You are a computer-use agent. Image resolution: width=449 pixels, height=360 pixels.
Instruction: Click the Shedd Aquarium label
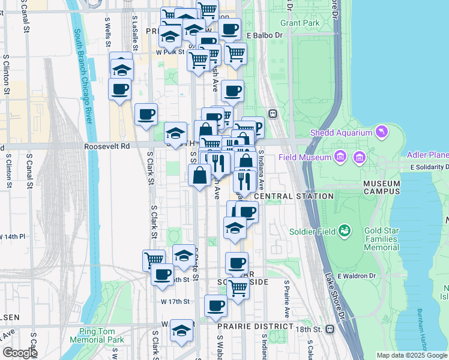tap(341, 132)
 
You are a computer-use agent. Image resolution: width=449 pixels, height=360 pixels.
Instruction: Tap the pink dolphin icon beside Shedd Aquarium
tap(382, 131)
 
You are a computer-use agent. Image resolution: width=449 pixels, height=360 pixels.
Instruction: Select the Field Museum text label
tap(305, 158)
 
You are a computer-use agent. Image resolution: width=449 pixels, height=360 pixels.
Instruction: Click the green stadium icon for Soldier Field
tap(345, 230)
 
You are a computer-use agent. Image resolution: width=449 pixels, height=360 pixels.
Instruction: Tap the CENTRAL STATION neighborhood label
tap(294, 196)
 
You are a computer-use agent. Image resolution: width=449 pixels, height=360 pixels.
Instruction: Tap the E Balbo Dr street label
tap(264, 35)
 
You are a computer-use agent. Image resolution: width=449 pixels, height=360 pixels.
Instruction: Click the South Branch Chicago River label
tap(84, 78)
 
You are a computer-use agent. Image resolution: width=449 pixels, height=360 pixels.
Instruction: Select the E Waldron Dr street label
tap(355, 275)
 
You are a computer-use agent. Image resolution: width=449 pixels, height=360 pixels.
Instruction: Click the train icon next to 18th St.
tap(330, 329)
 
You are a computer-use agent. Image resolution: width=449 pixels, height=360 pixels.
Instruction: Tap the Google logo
tap(19, 353)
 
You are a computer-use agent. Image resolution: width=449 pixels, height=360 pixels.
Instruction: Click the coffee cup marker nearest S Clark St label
tap(145, 114)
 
